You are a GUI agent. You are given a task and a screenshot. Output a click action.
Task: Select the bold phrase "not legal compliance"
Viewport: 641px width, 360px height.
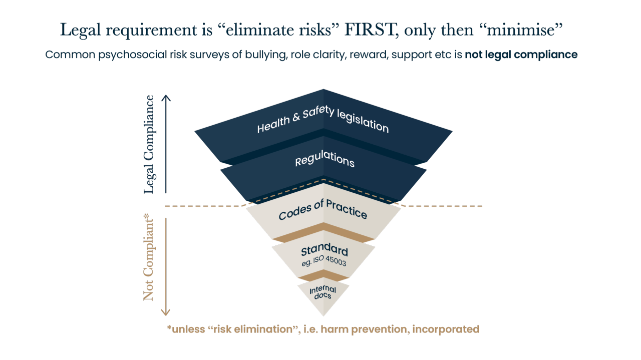point(521,55)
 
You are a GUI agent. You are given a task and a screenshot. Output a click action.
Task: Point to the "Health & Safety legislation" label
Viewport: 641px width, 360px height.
point(323,120)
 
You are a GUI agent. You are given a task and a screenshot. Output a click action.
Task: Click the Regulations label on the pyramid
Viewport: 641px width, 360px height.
point(325,159)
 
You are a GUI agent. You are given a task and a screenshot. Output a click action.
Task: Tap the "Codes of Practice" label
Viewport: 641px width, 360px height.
point(323,210)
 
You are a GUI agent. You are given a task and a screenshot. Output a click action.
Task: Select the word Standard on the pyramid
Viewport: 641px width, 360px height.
point(325,249)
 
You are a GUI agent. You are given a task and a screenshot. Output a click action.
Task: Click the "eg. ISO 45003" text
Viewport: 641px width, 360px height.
point(324,261)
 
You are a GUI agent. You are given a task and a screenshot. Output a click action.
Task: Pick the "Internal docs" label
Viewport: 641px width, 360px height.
point(323,292)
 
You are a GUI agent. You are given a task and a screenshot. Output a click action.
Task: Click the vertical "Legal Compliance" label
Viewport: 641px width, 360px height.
point(149,145)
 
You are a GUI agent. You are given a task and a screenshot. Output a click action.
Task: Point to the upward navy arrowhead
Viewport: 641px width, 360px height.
point(166,98)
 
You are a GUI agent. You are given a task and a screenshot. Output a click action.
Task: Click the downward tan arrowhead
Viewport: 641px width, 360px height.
point(166,312)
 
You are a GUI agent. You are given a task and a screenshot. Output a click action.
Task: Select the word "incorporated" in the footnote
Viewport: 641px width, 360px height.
point(446,329)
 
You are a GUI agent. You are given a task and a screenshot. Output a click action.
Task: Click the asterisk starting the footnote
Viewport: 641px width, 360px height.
point(169,327)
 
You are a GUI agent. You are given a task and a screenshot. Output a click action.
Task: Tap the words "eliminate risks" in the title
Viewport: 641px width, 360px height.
point(278,30)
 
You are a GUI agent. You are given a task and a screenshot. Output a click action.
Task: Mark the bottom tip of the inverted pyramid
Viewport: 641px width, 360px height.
point(324,316)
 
